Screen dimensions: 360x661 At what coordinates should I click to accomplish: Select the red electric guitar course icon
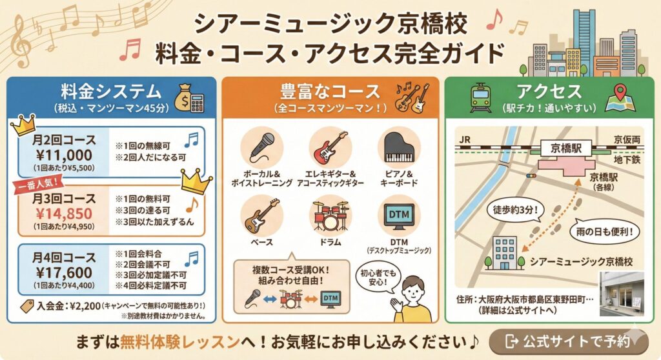click(330, 148)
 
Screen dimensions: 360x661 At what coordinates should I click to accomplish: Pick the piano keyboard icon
click(399, 148)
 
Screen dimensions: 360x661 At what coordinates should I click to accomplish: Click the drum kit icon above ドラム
click(330, 215)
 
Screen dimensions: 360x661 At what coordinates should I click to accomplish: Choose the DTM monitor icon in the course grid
click(399, 215)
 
